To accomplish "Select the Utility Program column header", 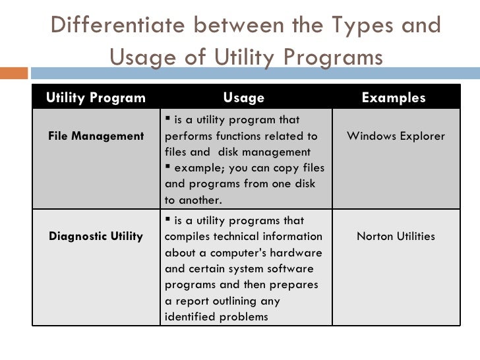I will pyautogui.click(x=96, y=98).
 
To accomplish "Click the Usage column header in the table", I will pyautogui.click(x=244, y=98).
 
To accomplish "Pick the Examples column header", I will pyautogui.click(x=394, y=98).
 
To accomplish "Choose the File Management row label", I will pyautogui.click(x=96, y=136).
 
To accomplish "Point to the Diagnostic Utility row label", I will pyautogui.click(x=96, y=236).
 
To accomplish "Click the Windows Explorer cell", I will pyautogui.click(x=396, y=136).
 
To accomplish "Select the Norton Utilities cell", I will pyautogui.click(x=396, y=236).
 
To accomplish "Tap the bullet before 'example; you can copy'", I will pyautogui.click(x=168, y=167).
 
